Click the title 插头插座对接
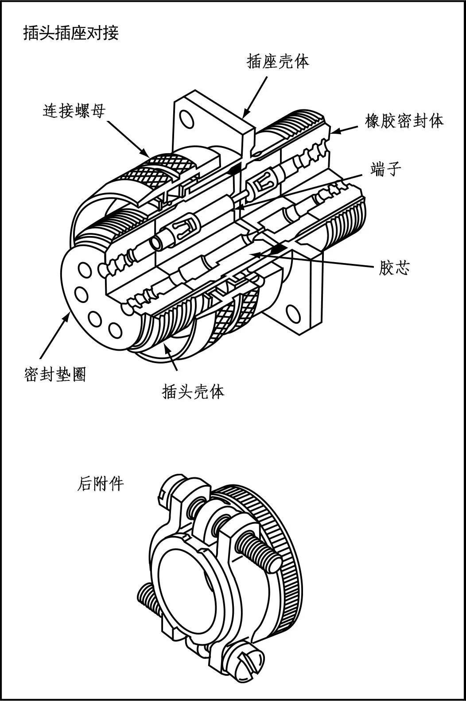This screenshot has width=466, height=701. pos(70,33)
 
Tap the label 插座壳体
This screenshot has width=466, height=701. pos(277,61)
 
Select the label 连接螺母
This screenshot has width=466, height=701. pos(74,111)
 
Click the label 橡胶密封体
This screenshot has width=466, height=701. pos(404,120)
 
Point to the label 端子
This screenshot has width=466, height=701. pos(386,169)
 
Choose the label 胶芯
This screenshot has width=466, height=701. pos(394,267)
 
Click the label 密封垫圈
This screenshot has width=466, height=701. pos(54,375)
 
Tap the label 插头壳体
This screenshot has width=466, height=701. pos(193,391)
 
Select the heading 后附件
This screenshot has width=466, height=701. pos(100,484)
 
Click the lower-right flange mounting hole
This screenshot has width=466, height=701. pos(293,313)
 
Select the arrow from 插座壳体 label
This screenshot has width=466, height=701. pos(256,96)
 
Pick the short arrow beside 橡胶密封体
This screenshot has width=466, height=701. pos(344,129)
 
